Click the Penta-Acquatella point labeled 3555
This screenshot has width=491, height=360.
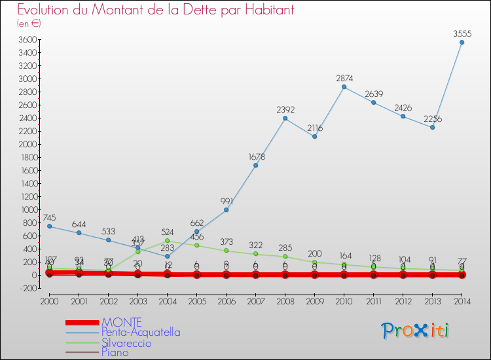pyautogui.click(x=462, y=43)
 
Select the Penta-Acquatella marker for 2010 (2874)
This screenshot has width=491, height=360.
pyautogui.click(x=344, y=87)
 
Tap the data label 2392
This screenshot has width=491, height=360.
pyautogui.click(x=285, y=109)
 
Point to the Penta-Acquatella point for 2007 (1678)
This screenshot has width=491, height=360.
pyautogui.click(x=255, y=165)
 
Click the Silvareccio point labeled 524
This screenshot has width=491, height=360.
pyautogui.click(x=167, y=241)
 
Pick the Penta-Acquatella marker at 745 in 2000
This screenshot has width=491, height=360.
pyautogui.click(x=49, y=226)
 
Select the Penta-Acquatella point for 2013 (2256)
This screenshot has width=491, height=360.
pyautogui.click(x=432, y=127)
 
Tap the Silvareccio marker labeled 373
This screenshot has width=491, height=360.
pyautogui.click(x=226, y=251)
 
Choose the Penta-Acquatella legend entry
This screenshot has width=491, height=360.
pyautogui.click(x=141, y=333)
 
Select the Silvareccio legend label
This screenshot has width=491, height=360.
pyautogui.click(x=126, y=343)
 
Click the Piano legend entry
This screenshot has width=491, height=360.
pyautogui.click(x=115, y=353)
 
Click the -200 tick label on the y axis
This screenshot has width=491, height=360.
pyautogui.click(x=27, y=289)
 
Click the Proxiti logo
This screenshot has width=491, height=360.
pyautogui.click(x=415, y=331)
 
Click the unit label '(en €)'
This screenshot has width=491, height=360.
pyautogui.click(x=29, y=24)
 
